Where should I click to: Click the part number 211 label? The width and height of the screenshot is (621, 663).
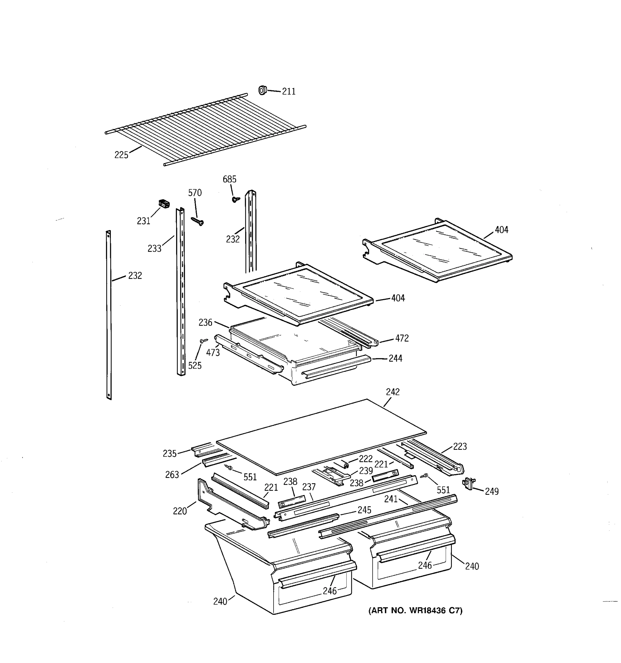point(288,91)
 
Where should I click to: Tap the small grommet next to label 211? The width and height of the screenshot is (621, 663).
point(262,90)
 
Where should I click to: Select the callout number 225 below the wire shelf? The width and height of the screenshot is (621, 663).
point(121,155)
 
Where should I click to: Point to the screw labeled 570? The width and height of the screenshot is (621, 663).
point(198,221)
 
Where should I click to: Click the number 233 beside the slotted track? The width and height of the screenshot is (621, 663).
point(154,248)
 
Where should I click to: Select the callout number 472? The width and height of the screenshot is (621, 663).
point(402,338)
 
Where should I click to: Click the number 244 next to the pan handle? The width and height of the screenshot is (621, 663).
point(396,359)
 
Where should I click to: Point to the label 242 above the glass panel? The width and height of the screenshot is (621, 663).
point(393,392)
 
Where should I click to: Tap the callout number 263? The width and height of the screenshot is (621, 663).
point(172,475)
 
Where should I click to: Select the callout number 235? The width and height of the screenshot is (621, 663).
point(169,454)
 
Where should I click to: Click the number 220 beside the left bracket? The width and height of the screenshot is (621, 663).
point(180,511)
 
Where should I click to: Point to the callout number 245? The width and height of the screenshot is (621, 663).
point(364,510)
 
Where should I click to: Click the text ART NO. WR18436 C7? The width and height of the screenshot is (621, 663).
point(415,611)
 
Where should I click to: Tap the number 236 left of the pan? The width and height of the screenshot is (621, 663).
point(205,322)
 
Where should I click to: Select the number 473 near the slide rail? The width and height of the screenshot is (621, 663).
point(213,352)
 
